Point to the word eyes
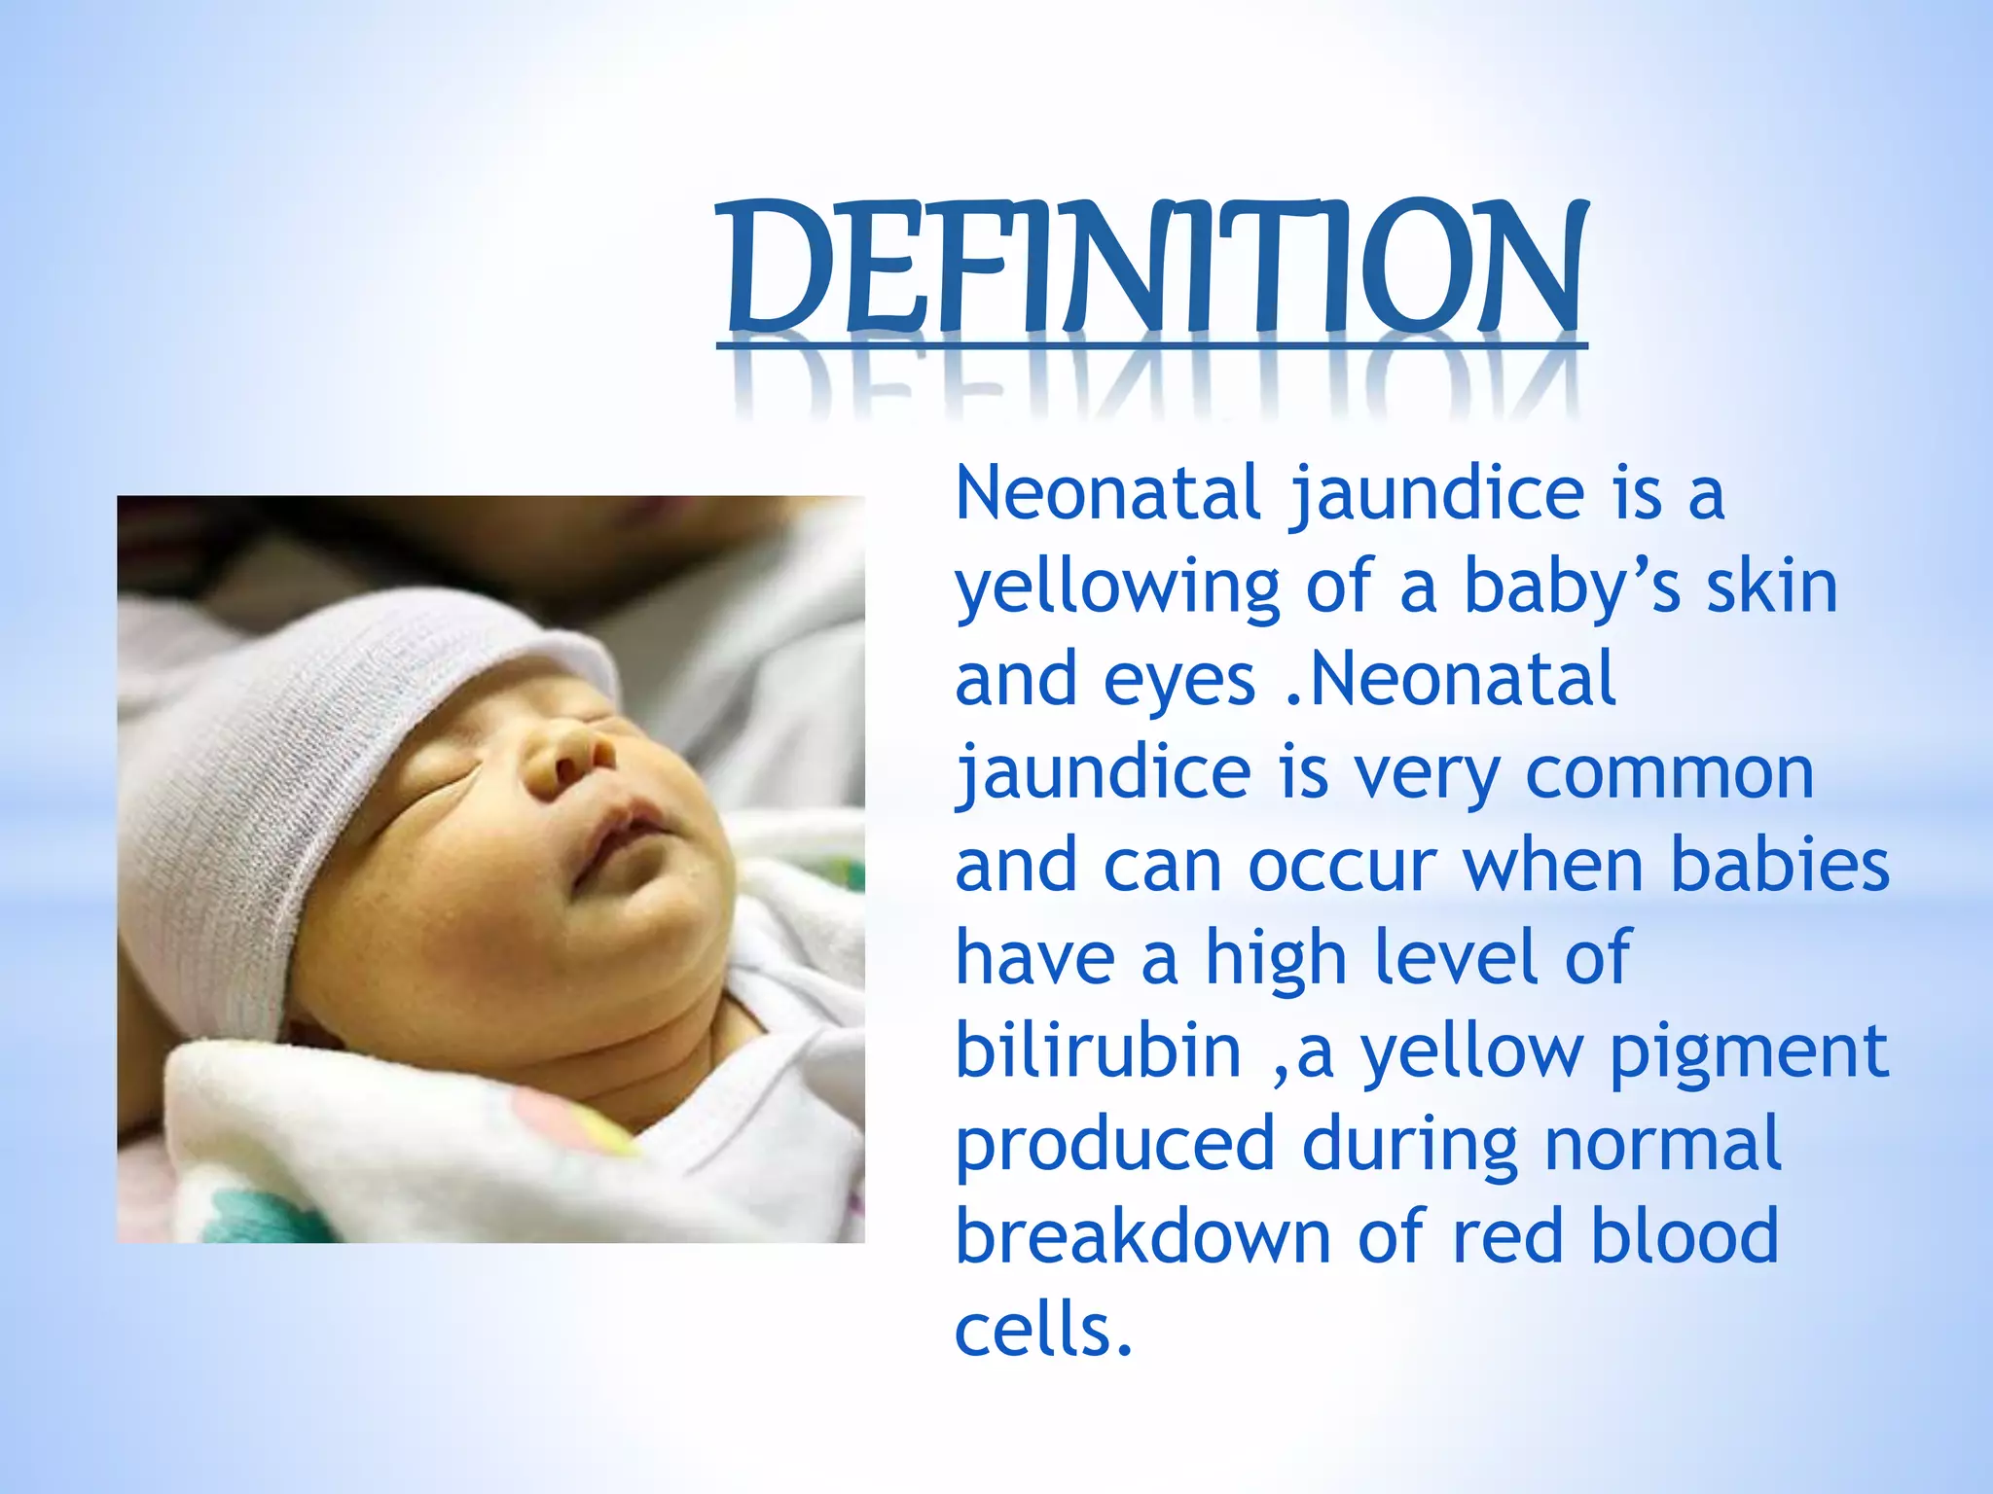pos(1179,682)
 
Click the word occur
pos(1342,865)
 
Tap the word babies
pos(1780,865)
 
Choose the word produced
pos(1114,1146)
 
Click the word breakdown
pos(1142,1237)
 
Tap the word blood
pos(1684,1237)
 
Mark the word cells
pos(1043,1330)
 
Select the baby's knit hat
pos(321,739)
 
